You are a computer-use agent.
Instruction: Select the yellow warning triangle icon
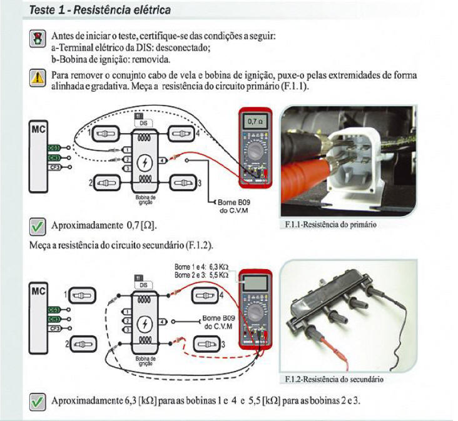tap(37, 77)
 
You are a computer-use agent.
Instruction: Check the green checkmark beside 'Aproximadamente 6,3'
tap(37, 399)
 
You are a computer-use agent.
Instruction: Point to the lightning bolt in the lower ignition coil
tap(145, 323)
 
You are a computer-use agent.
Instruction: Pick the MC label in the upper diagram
tap(38, 130)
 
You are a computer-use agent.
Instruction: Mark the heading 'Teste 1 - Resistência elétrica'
tap(101, 11)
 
